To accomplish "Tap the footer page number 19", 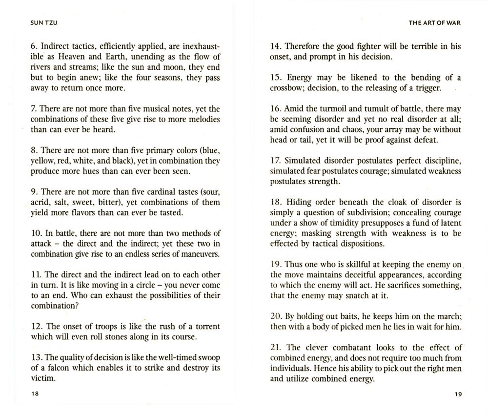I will [x=457, y=394].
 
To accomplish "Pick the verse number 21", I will [x=275, y=348].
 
